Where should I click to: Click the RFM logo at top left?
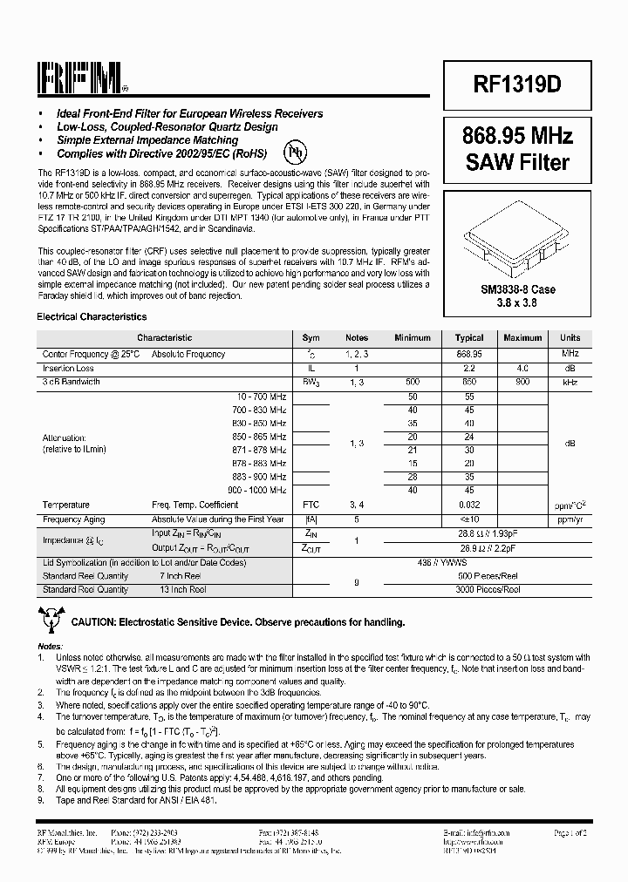click(x=83, y=80)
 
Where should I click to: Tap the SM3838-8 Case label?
click(x=518, y=288)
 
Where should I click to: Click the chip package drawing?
click(x=519, y=234)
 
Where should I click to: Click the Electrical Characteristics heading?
click(x=92, y=317)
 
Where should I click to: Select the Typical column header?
click(x=469, y=338)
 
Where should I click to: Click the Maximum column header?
click(x=522, y=338)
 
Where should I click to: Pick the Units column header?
click(x=570, y=338)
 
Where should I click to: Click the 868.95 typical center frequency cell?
click(x=469, y=355)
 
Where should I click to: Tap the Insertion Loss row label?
click(x=68, y=369)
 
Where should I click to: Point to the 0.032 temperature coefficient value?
click(x=469, y=505)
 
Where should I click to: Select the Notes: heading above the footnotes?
click(x=51, y=646)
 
